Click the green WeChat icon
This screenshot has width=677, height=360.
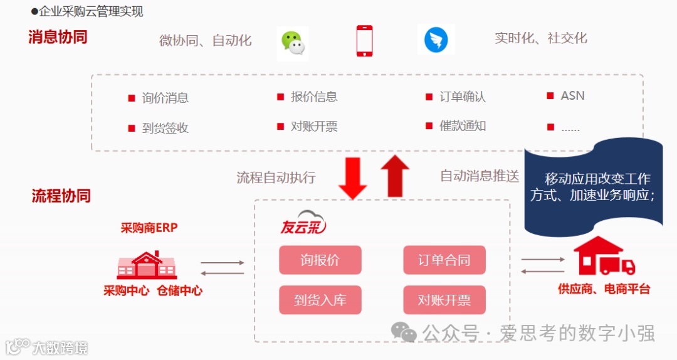point(292,43)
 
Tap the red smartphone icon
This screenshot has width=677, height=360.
point(364,41)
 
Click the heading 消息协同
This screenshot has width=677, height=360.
point(58,37)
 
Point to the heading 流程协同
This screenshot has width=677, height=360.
point(61,196)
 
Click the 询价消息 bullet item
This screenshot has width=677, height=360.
point(165,98)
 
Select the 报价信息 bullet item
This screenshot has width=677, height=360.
point(314,97)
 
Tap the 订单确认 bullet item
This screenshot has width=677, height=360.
point(462,97)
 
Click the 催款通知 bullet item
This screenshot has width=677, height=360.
point(462,125)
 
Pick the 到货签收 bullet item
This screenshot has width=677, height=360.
point(165,128)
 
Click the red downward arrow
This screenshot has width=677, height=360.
point(352,177)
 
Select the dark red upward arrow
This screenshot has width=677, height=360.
point(394,176)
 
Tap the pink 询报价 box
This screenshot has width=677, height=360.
point(320,260)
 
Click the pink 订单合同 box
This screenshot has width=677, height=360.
point(444,260)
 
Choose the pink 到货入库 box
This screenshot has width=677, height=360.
point(320,300)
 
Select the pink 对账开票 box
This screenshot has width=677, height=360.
point(444,300)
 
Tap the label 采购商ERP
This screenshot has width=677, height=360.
point(149,228)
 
